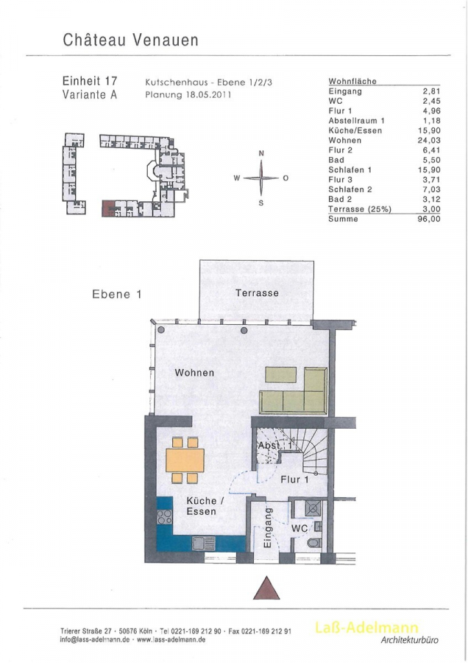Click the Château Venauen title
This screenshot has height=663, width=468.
tap(130, 40)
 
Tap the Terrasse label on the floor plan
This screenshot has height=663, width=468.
tap(257, 292)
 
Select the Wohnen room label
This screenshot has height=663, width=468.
tap(194, 373)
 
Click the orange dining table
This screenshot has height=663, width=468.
tap(185, 461)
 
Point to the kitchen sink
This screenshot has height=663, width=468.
tap(203, 543)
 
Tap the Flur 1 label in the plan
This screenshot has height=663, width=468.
tap(295, 480)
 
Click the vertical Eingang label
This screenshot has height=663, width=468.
tap(267, 527)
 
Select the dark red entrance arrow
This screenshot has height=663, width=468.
tap(266, 588)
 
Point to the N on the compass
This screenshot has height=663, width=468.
tap(261, 153)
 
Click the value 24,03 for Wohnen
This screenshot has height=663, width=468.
tap(429, 141)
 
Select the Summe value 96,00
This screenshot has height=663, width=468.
tap(429, 219)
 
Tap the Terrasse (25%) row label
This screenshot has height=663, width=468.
tap(360, 209)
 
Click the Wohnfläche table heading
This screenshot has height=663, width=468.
tap(352, 81)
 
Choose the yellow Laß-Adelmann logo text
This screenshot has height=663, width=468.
tap(366, 628)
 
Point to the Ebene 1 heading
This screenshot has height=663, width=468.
tap(116, 294)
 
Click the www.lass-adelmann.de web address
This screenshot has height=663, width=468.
tap(171, 639)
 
